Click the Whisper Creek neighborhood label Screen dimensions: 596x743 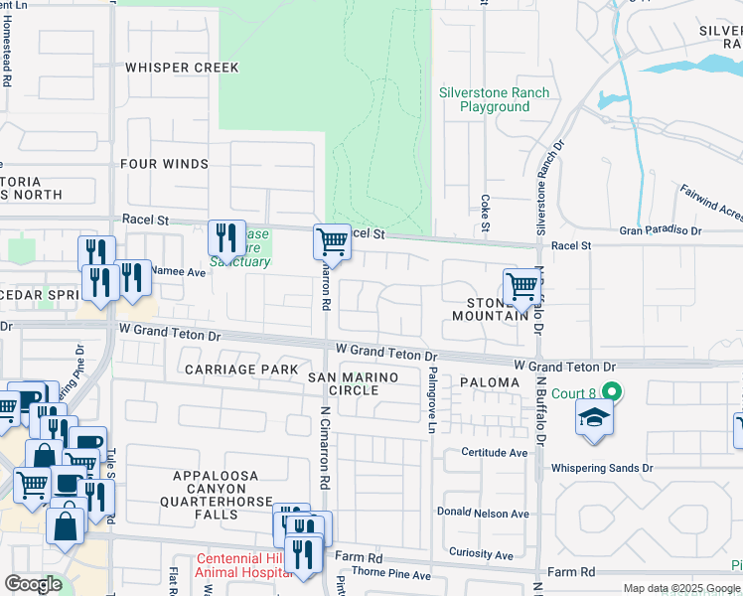tap(182, 68)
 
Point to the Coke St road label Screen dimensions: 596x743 tap(486, 214)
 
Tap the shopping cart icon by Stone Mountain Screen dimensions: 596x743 tap(521, 287)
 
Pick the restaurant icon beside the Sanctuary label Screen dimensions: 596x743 tap(226, 237)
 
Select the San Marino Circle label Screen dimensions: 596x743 tap(354, 383)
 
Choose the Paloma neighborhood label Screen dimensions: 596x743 tap(489, 382)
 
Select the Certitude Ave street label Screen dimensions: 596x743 tap(494, 452)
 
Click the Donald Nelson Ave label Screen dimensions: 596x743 tap(483, 514)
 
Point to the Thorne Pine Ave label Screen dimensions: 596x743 tap(393, 575)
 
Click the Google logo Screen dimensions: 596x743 tap(34, 585)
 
